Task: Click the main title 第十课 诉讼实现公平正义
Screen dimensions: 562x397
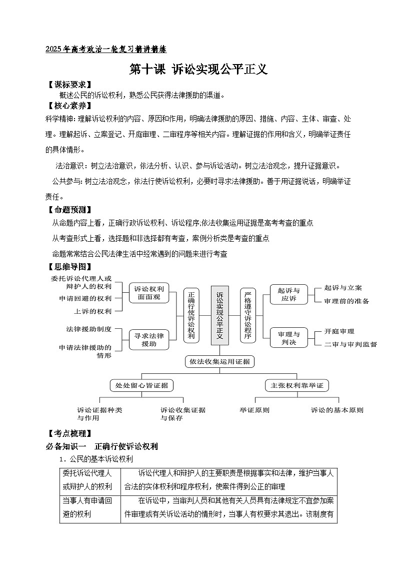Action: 198,70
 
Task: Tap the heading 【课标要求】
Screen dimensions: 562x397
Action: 68,85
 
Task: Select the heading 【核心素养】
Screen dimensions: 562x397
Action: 68,106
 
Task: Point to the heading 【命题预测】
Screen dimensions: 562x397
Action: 68,210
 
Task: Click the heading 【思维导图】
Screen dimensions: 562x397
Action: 68,267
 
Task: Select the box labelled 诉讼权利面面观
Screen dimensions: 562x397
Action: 149,294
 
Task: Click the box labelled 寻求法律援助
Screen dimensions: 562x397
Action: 149,339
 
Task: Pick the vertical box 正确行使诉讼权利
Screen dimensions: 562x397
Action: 191,315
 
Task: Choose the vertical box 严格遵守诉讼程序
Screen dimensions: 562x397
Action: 247,315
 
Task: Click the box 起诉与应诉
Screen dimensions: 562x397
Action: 288,294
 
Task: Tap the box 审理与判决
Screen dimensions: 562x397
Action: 288,338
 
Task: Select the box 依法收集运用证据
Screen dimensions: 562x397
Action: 219,361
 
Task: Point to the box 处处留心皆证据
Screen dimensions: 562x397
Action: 142,385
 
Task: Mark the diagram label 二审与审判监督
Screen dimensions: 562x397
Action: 350,344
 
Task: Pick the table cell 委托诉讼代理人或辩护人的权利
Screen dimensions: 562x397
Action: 90,479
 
